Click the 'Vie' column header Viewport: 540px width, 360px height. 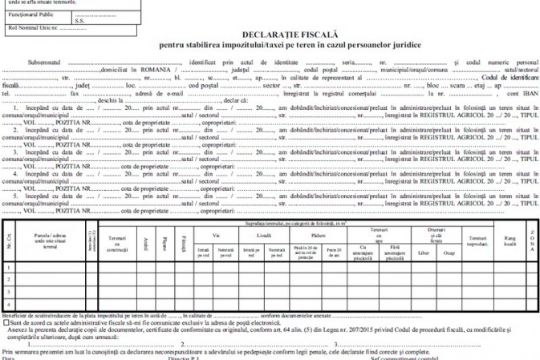(216, 234)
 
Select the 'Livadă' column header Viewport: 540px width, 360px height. (263, 234)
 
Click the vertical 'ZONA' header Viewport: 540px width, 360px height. (531, 241)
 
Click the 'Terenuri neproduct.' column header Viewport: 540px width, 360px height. (477, 241)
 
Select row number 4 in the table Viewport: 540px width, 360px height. (8, 304)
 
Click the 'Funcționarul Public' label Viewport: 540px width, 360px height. (30, 14)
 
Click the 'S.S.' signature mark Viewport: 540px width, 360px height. (79, 19)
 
